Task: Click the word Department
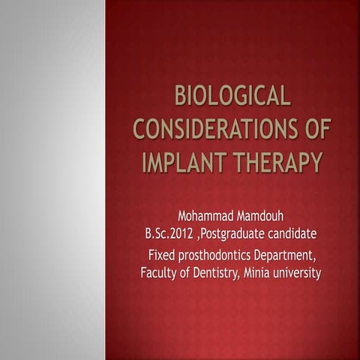[x=284, y=256]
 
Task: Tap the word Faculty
[x=160, y=272]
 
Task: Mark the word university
[x=298, y=272]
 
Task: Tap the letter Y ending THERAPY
[x=315, y=160]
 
